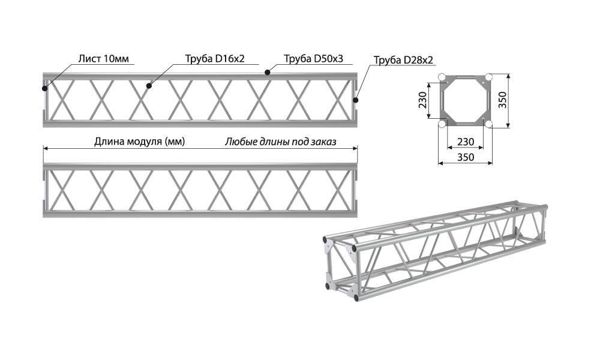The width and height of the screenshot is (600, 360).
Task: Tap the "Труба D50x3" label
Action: (x=313, y=59)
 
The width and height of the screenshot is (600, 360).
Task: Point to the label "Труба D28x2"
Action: (x=403, y=60)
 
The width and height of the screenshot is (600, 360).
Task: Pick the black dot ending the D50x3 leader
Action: (x=268, y=73)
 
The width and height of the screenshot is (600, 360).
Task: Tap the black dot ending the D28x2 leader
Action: (x=355, y=100)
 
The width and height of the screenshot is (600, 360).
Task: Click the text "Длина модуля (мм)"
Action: (x=139, y=142)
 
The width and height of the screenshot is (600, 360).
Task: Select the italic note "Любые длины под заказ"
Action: (x=281, y=142)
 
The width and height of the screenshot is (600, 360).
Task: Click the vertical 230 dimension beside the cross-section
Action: (x=422, y=101)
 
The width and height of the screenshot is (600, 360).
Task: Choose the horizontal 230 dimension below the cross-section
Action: (x=466, y=142)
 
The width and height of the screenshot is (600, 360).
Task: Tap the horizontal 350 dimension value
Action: (x=466, y=157)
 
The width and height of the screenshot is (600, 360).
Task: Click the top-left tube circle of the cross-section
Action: (x=442, y=77)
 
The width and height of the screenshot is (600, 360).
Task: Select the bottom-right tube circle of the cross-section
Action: (x=488, y=124)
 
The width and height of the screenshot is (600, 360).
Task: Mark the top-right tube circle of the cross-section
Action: (x=488, y=77)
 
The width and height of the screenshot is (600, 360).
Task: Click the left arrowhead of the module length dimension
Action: (x=46, y=148)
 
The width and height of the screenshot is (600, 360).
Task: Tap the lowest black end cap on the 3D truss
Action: (x=356, y=297)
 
